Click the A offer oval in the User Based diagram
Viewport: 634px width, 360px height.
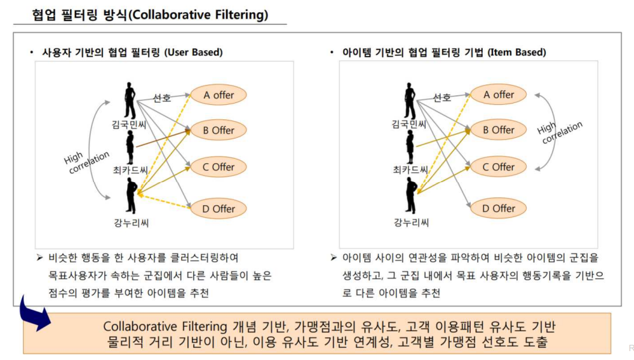coord(219,95)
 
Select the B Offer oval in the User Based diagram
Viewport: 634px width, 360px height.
coord(219,130)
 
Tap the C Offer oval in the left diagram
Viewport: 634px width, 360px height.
coord(219,168)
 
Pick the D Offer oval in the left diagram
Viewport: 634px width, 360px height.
coord(219,208)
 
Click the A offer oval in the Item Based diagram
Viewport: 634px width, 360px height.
coord(498,95)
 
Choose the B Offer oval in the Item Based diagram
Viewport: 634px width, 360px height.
coord(498,130)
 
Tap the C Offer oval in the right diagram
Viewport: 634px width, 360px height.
coord(498,168)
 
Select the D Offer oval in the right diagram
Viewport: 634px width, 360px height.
coord(498,208)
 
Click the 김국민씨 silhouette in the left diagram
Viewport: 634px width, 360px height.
coord(130,100)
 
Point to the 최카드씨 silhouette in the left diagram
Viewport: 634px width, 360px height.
coord(130,148)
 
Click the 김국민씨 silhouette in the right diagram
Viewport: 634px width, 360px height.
coord(410,100)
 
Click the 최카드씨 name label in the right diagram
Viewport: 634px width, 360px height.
coord(410,170)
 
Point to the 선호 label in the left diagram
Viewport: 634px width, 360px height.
coord(162,98)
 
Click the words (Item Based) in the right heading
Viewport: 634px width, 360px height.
coord(516,52)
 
